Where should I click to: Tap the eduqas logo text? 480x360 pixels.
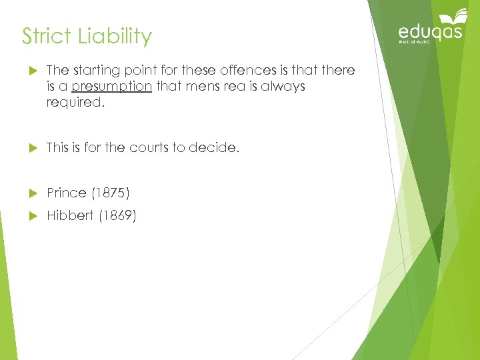[x=429, y=32]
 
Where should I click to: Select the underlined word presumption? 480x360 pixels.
[x=111, y=86]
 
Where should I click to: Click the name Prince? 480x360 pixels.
[x=67, y=193]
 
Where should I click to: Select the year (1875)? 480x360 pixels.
[x=111, y=193]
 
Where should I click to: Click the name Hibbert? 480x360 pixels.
[x=70, y=216]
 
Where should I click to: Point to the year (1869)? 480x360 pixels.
[x=117, y=216]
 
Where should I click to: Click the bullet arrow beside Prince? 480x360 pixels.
[x=27, y=193]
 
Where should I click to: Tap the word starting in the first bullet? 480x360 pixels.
[x=99, y=71]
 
